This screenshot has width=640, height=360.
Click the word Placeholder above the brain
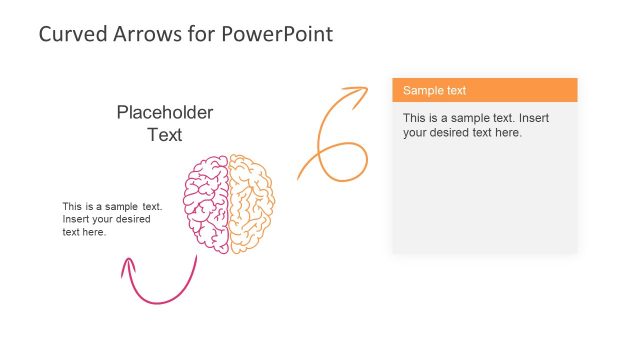pyautogui.click(x=165, y=113)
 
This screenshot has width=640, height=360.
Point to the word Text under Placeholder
pyautogui.click(x=165, y=135)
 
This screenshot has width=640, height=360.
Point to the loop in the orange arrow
pyautogui.click(x=340, y=160)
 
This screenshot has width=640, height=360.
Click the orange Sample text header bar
pyautogui.click(x=485, y=90)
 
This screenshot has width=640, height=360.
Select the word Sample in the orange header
pyautogui.click(x=421, y=90)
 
